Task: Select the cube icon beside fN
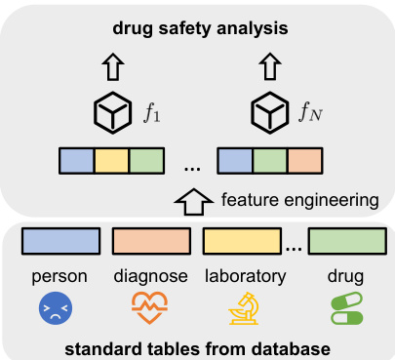tap(269, 115)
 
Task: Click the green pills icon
tap(345, 309)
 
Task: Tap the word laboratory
tap(244, 276)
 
